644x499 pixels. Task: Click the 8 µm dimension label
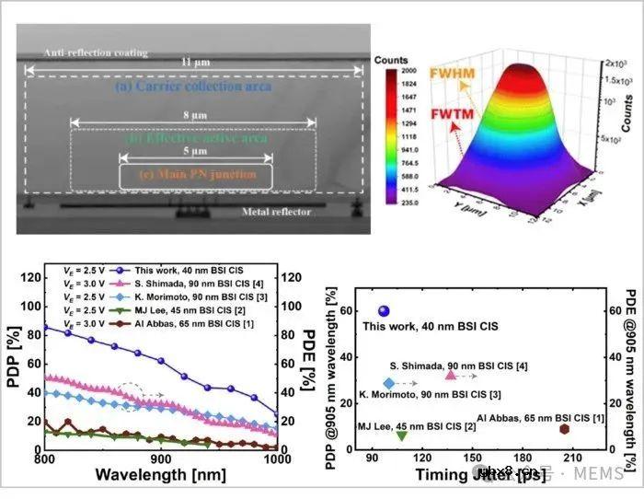coord(190,117)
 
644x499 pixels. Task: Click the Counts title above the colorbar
coord(391,59)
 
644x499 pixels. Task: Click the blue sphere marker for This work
coord(384,311)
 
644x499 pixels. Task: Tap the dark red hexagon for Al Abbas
coord(564,429)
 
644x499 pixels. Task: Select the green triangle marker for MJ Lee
coord(401,435)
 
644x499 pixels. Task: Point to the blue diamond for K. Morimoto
coord(389,383)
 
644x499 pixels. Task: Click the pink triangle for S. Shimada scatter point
coord(451,375)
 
